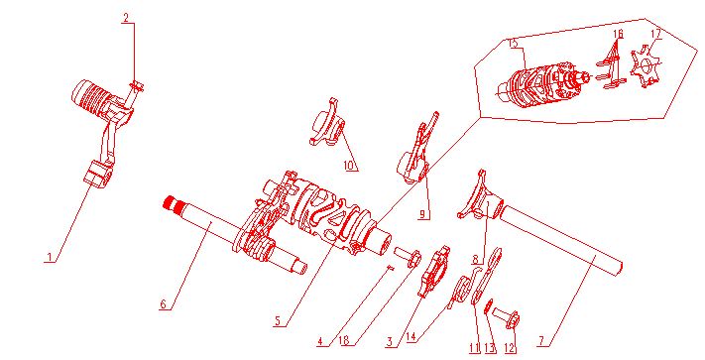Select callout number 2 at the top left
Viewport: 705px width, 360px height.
[x=126, y=18]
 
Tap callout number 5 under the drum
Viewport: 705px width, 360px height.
[x=279, y=320]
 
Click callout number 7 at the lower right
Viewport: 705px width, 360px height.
[x=540, y=341]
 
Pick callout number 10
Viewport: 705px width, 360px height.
[x=349, y=165]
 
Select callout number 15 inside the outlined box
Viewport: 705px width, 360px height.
[x=512, y=43]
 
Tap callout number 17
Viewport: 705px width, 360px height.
[x=655, y=34]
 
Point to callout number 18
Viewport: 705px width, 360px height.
[x=342, y=342]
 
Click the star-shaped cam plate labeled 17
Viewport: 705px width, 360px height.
[x=647, y=68]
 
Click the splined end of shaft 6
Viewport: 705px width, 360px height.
[x=176, y=207]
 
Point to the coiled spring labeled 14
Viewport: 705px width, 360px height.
[x=460, y=293]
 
